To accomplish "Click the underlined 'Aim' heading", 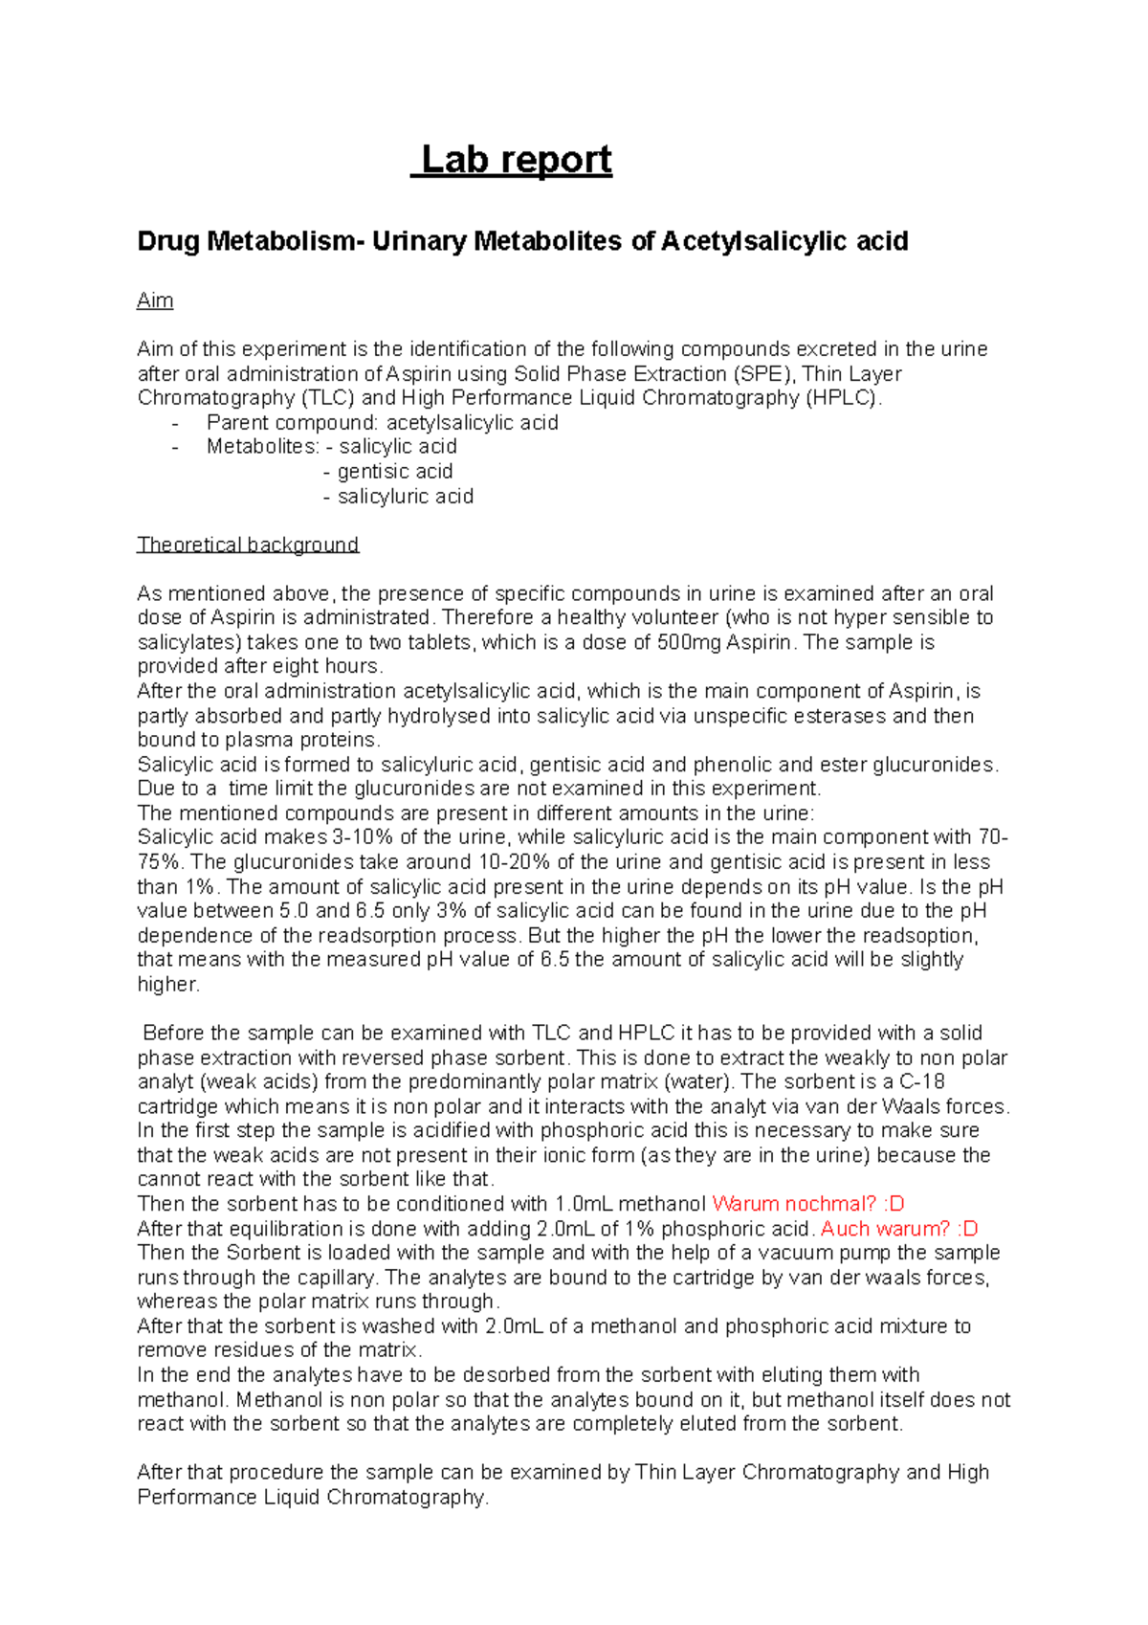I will click(155, 301).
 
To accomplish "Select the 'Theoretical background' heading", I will click(248, 545).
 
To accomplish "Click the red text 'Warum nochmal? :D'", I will click(808, 1204).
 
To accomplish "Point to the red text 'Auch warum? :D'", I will click(899, 1229).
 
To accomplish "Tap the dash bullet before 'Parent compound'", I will click(174, 423).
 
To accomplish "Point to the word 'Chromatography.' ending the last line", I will click(408, 1497).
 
